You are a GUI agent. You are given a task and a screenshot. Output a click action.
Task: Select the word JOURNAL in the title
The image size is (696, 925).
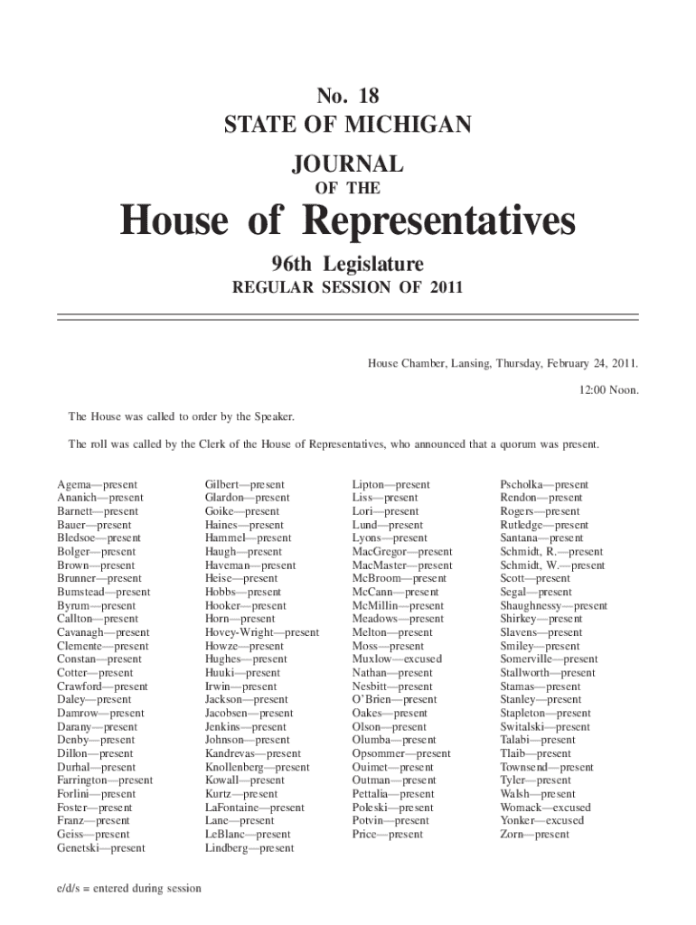click(x=348, y=164)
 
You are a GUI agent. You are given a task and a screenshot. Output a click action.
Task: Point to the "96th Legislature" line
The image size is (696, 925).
click(x=348, y=265)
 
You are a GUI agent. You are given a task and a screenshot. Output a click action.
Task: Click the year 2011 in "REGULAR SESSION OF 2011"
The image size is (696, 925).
click(x=443, y=288)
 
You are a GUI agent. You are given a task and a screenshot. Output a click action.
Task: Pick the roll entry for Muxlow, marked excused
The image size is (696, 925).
click(x=397, y=659)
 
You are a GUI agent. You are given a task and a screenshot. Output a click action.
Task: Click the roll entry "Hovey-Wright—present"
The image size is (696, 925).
click(x=262, y=633)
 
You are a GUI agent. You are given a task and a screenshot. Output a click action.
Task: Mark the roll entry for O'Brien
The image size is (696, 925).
click(x=394, y=700)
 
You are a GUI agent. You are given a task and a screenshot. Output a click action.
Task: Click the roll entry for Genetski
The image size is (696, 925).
click(x=100, y=848)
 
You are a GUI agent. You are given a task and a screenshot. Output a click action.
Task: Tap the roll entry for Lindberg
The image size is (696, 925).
click(x=249, y=848)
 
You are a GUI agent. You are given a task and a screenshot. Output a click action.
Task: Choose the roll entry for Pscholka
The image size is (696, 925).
click(x=544, y=485)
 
